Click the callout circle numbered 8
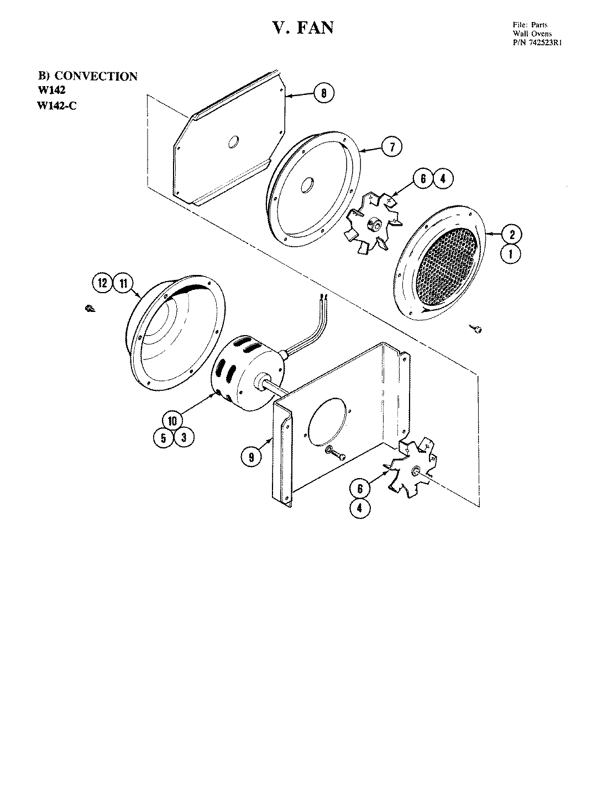(323, 93)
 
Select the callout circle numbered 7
(391, 147)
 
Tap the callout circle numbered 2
(512, 235)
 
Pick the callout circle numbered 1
(512, 255)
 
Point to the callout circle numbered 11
(123, 284)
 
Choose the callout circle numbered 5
(163, 438)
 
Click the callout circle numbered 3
(183, 438)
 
